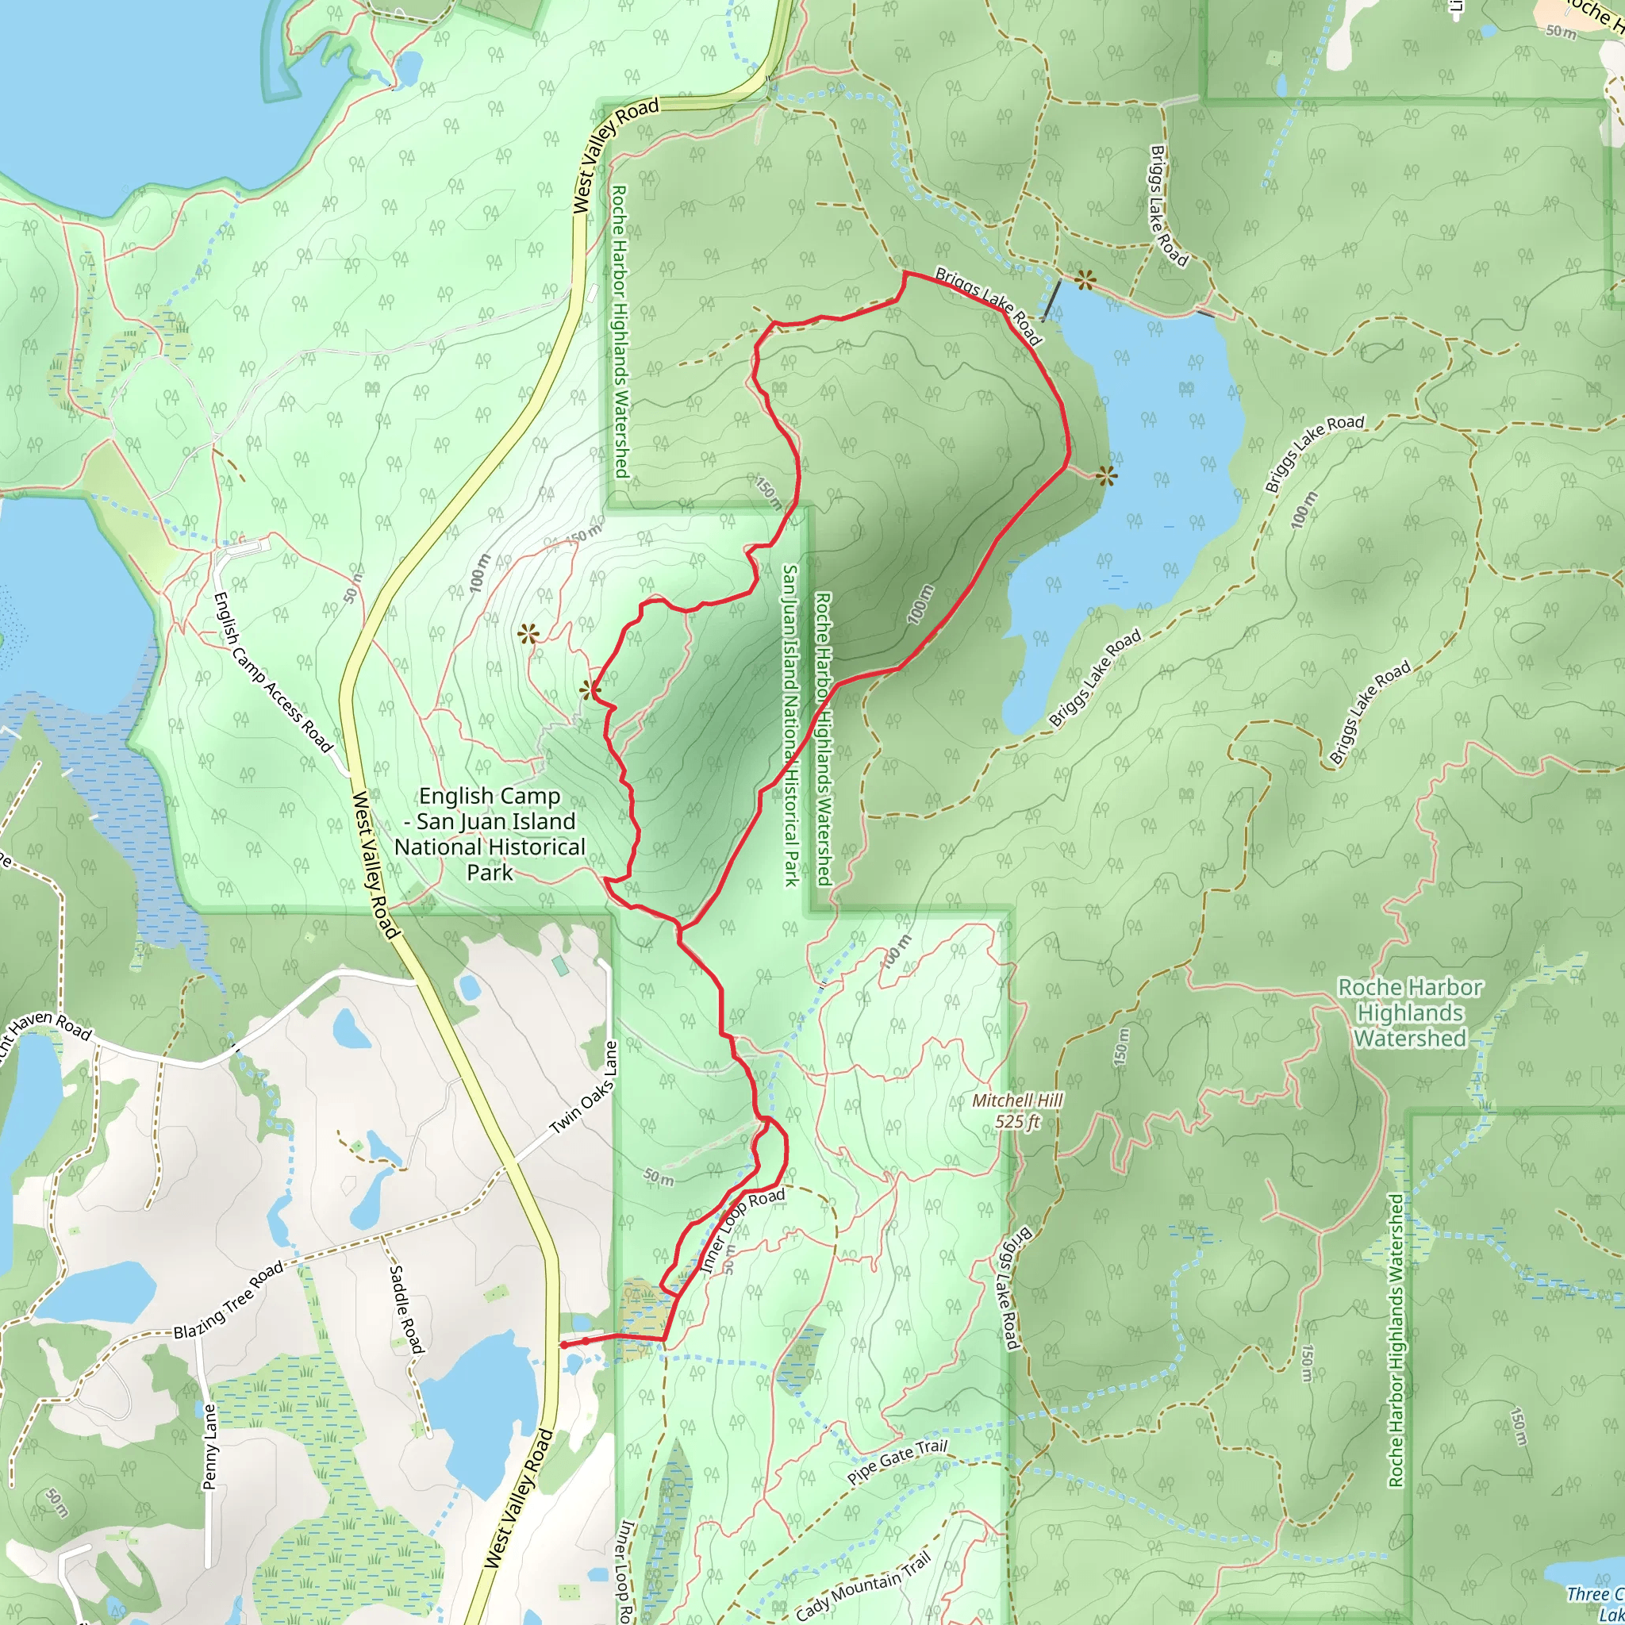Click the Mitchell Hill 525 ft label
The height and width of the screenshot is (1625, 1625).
tap(1018, 1111)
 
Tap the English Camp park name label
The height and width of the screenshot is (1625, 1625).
tap(490, 834)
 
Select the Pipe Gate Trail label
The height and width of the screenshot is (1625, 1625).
tap(897, 1462)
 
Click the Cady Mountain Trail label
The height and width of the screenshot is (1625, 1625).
tap(863, 1586)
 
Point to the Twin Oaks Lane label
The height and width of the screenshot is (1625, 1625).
tap(584, 1088)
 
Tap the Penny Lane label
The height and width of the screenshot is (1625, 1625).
tap(209, 1446)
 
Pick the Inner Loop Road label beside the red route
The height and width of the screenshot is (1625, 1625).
tap(742, 1230)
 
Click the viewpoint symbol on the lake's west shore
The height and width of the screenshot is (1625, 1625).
tap(1107, 477)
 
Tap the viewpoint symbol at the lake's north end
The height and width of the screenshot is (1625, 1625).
tap(1086, 280)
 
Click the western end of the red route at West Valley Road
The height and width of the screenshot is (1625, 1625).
tap(562, 1345)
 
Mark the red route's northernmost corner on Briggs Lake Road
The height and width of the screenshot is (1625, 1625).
tap(905, 274)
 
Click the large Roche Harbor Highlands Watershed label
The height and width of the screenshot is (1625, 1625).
tap(1410, 1012)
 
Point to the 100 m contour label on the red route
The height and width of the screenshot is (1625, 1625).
tap(921, 604)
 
